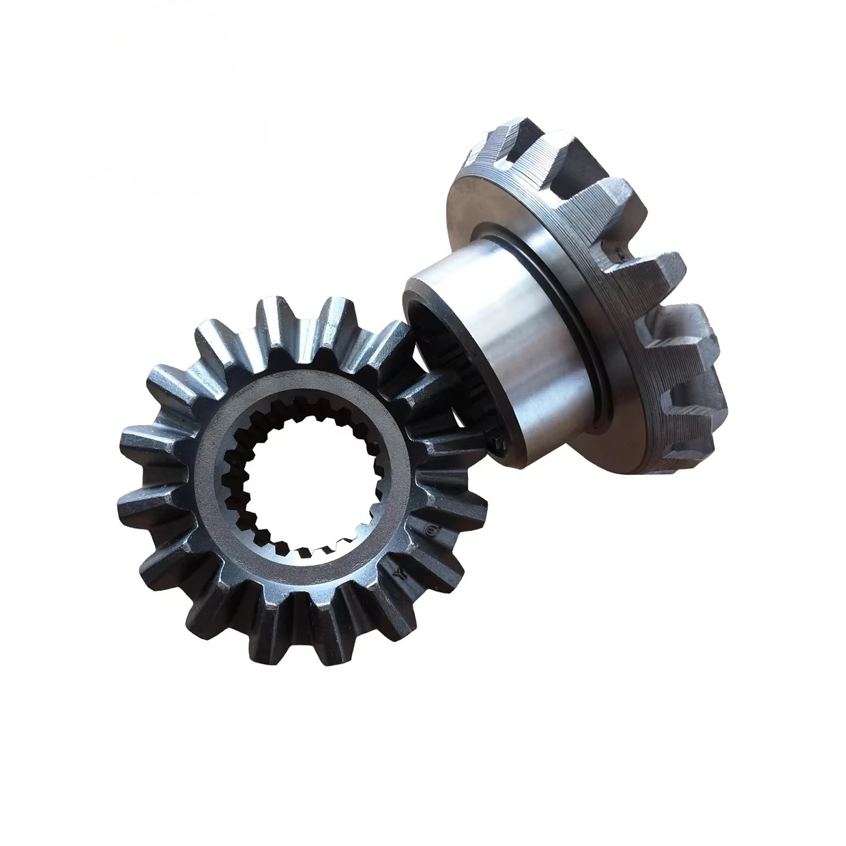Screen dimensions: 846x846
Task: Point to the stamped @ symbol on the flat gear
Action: (431, 529)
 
